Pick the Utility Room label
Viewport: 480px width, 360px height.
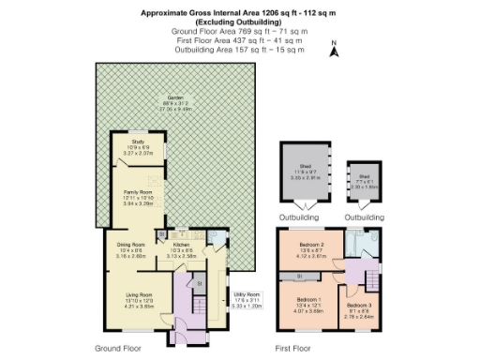[247, 303]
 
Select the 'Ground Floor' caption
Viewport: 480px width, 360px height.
[119, 348]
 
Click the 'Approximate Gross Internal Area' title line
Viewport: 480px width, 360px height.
[237, 13]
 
